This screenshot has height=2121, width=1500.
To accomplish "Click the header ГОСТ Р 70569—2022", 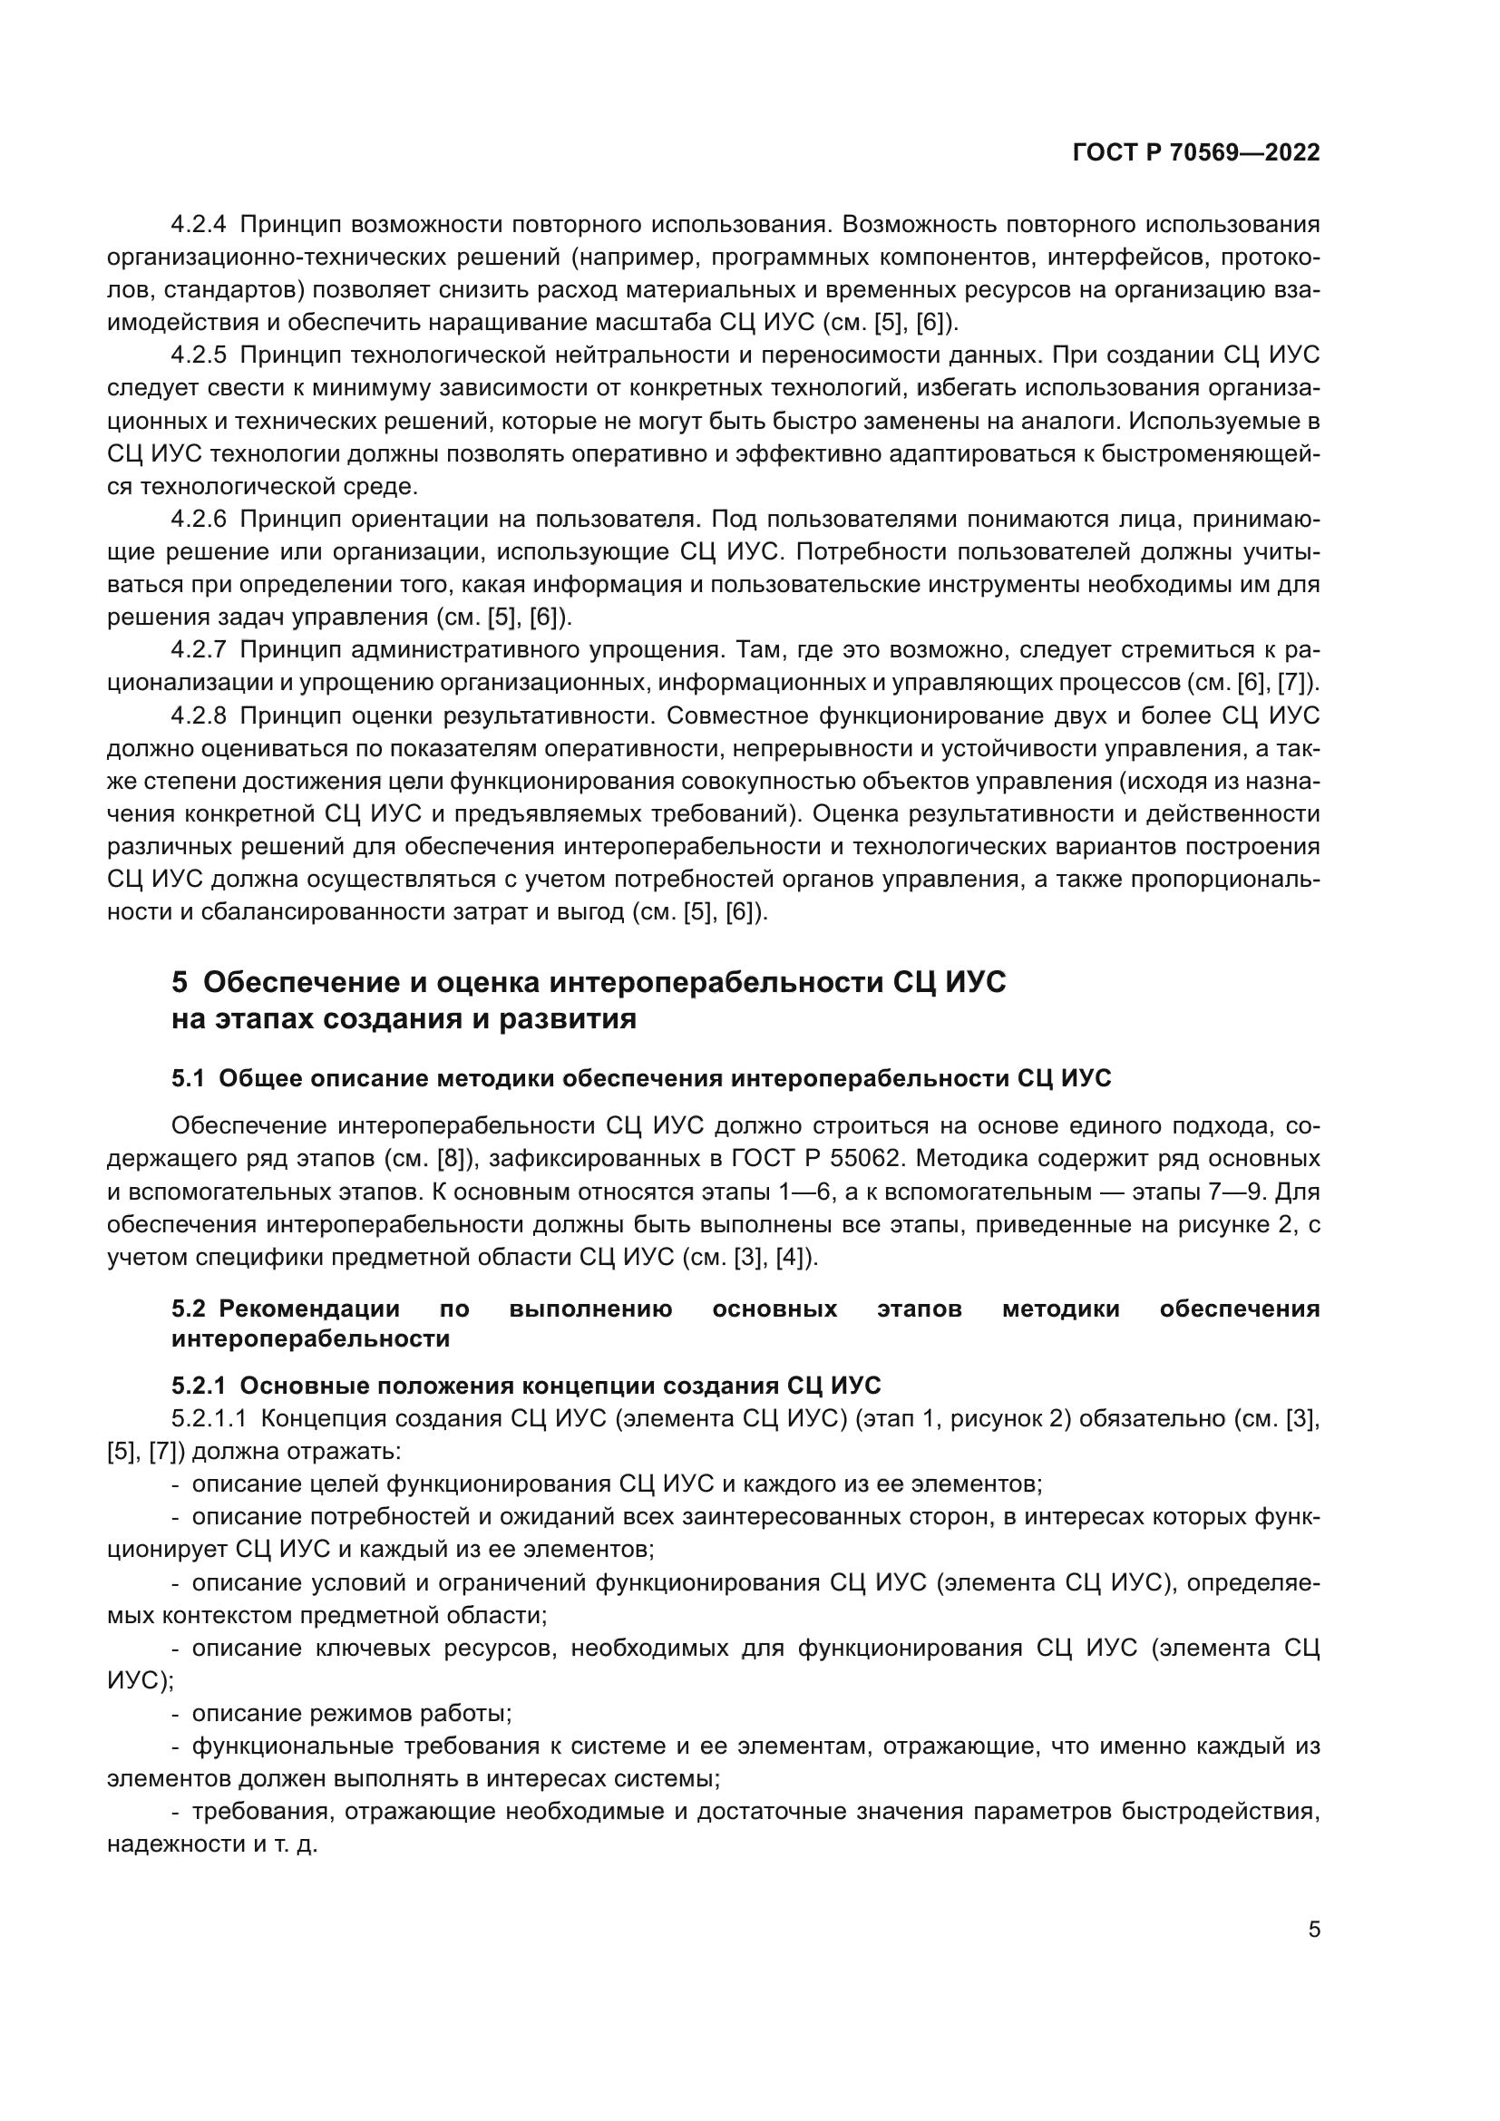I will point(1196,153).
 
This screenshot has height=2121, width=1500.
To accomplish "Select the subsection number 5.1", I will point(189,1078).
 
